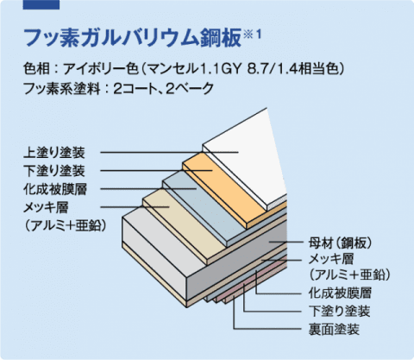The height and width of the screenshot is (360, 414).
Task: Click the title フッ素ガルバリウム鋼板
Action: pyautogui.click(x=132, y=37)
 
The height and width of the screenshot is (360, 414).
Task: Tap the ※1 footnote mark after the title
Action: pyautogui.click(x=252, y=35)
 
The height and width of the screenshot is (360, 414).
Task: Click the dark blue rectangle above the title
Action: pyautogui.click(x=41, y=4)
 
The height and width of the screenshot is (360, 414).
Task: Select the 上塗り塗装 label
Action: pyautogui.click(x=54, y=153)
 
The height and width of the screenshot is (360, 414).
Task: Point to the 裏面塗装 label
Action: pyautogui.click(x=334, y=329)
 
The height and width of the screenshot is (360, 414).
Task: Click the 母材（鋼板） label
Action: pyautogui.click(x=341, y=243)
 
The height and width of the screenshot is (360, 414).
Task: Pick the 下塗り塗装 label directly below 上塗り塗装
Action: pyautogui.click(x=54, y=171)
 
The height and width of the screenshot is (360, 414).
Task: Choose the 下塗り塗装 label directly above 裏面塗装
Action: pyautogui.click(x=340, y=312)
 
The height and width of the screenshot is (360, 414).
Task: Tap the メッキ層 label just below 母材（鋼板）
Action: pyautogui.click(x=331, y=259)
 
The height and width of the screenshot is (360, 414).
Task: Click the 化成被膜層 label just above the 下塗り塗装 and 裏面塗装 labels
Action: pyautogui.click(x=340, y=293)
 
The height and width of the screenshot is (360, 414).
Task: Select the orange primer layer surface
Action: pyautogui.click(x=224, y=184)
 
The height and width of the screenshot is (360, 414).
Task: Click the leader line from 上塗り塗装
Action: pyautogui.click(x=169, y=152)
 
